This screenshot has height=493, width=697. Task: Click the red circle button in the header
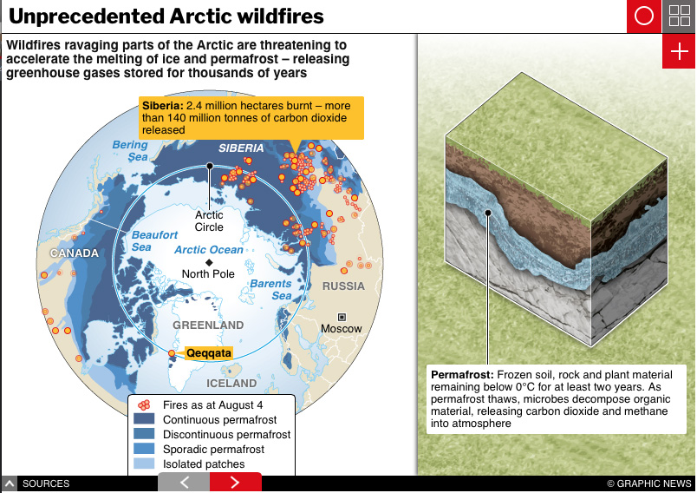(x=643, y=16)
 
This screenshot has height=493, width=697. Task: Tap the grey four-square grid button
(x=679, y=16)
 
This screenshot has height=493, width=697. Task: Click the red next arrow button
(x=236, y=483)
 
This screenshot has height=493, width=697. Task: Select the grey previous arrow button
(x=184, y=483)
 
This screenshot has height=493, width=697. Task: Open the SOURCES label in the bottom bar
(x=46, y=483)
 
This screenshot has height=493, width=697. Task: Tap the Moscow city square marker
(x=342, y=318)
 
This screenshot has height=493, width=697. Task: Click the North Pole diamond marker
(x=209, y=262)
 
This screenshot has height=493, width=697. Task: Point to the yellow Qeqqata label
(x=208, y=353)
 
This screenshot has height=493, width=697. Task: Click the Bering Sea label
(x=130, y=151)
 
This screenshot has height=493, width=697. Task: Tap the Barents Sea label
(x=270, y=290)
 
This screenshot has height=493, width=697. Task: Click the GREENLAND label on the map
(x=208, y=325)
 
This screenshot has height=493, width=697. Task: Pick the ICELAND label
(x=231, y=384)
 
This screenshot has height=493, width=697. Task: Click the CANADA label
(x=75, y=253)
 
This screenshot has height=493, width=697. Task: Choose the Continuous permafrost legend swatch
(x=144, y=419)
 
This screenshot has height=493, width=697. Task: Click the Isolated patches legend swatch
(x=144, y=463)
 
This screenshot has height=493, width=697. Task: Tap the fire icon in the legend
(x=144, y=404)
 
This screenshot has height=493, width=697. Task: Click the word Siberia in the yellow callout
(x=163, y=106)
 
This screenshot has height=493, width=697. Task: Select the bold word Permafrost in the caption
(x=462, y=375)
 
